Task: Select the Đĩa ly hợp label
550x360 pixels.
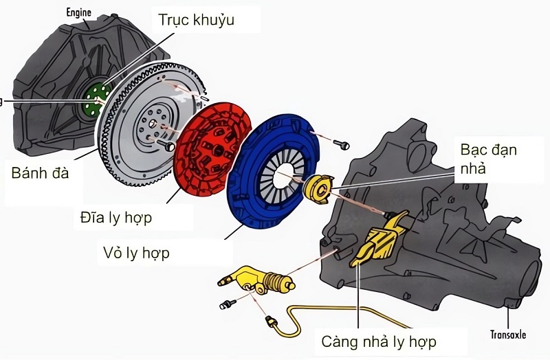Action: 115,218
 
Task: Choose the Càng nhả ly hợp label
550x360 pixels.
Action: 379,341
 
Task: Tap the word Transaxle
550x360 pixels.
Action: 509,335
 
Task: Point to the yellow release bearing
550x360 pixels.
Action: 318,188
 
